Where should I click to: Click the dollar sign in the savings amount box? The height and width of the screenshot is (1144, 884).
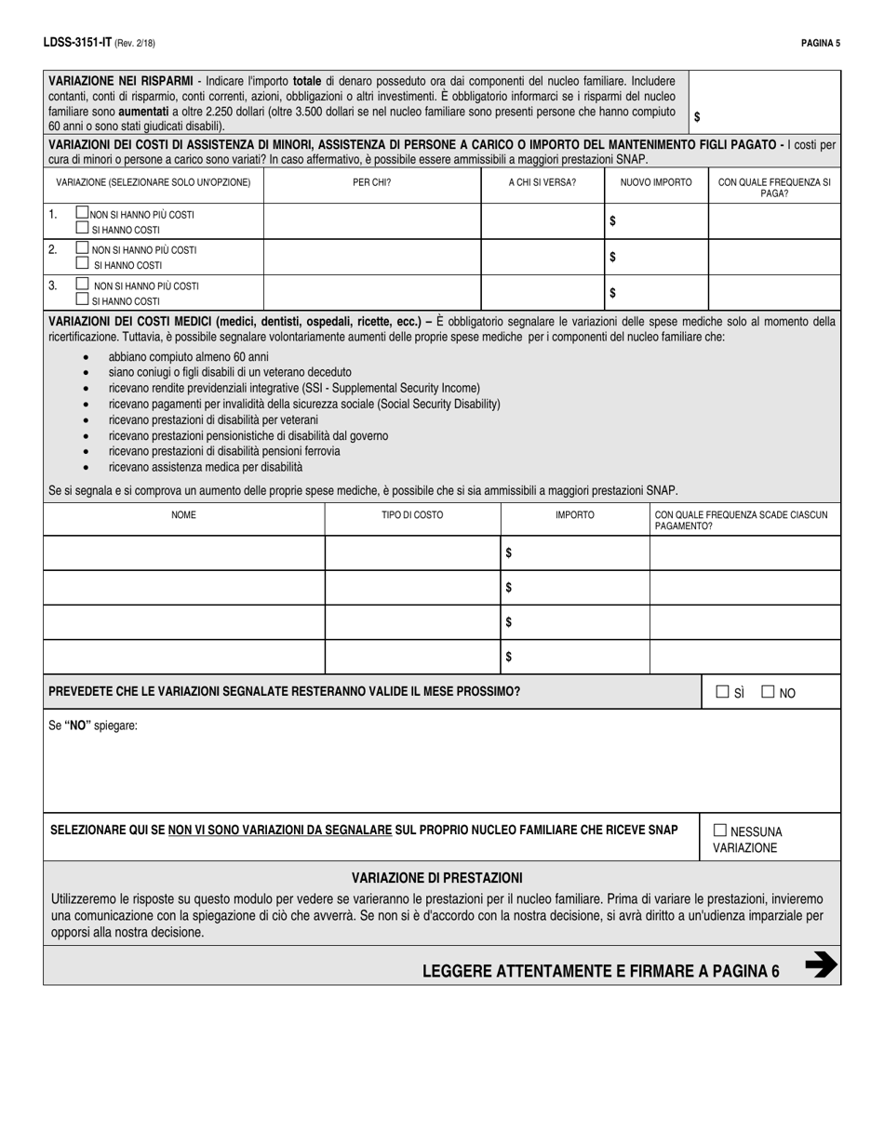pyautogui.click(x=697, y=117)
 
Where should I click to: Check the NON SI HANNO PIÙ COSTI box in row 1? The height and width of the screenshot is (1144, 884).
pyautogui.click(x=82, y=213)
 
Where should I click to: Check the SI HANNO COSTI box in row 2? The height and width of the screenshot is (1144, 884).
pyautogui.click(x=82, y=265)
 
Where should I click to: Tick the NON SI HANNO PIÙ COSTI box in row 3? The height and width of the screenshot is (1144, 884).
pyautogui.click(x=82, y=285)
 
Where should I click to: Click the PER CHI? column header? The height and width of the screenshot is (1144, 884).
pyautogui.click(x=371, y=182)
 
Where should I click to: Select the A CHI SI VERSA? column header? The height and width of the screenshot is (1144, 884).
pyautogui.click(x=542, y=182)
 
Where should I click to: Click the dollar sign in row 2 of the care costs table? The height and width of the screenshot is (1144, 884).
pyautogui.click(x=612, y=257)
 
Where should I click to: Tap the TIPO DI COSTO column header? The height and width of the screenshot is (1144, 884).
pyautogui.click(x=412, y=514)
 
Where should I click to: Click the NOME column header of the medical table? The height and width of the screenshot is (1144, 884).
pyautogui.click(x=183, y=514)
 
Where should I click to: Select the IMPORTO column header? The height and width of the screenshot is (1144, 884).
pyautogui.click(x=574, y=514)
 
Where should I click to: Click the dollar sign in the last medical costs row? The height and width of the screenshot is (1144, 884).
pyautogui.click(x=508, y=657)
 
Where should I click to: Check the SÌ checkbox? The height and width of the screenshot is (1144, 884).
pyautogui.click(x=722, y=692)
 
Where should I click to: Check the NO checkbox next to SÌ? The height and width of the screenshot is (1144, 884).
pyautogui.click(x=768, y=692)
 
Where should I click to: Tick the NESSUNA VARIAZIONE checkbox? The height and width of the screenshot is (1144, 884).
pyautogui.click(x=720, y=831)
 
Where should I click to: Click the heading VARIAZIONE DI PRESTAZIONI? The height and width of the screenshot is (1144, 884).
pyautogui.click(x=436, y=877)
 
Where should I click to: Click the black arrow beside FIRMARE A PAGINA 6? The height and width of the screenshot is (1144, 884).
pyautogui.click(x=820, y=965)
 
